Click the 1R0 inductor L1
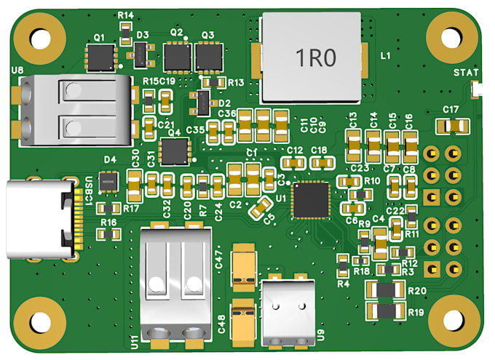point(311,57)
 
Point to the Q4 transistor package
point(174,152)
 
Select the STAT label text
point(465,73)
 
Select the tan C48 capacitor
point(242,319)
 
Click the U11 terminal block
point(175,280)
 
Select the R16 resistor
point(109,233)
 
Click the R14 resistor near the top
point(126,30)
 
